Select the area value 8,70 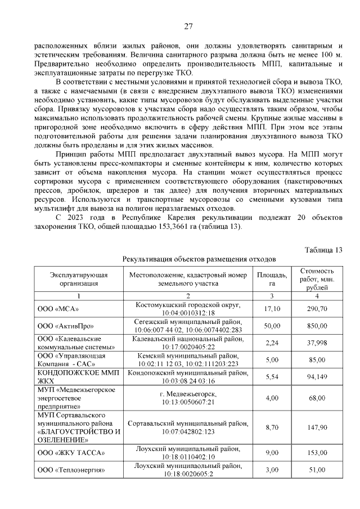click(x=272, y=427)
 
